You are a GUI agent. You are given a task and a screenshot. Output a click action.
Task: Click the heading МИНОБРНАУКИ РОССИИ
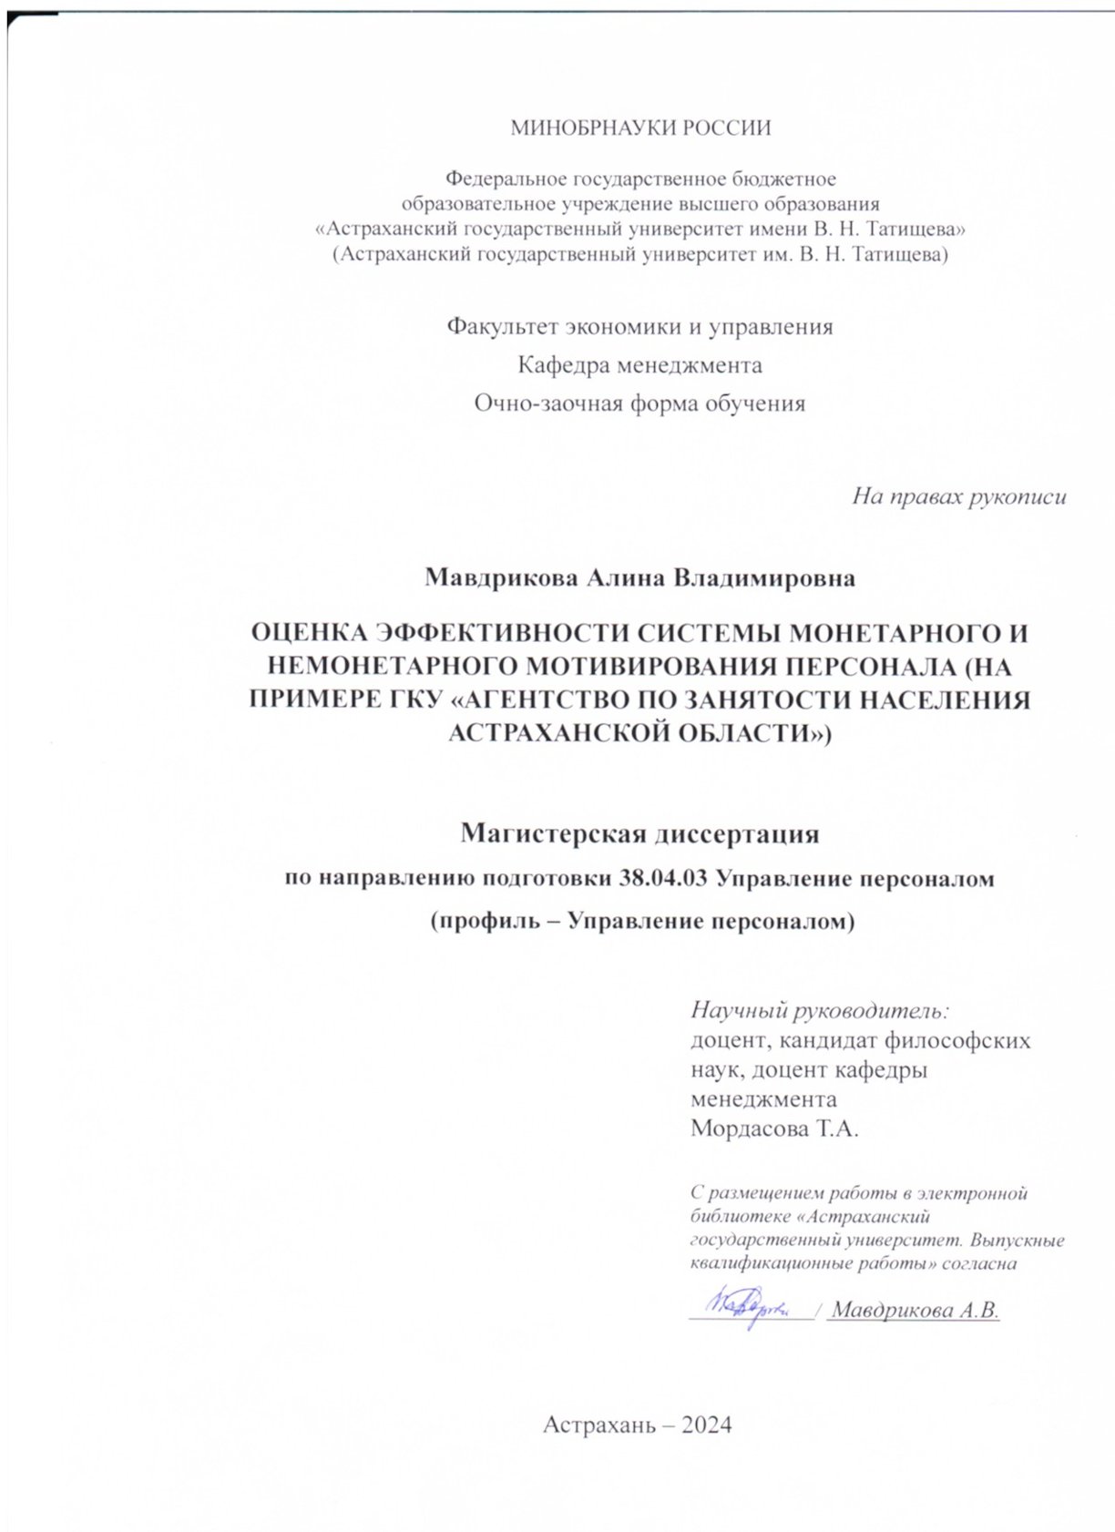[x=639, y=128]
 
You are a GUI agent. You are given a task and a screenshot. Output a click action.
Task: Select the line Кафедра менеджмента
[x=639, y=365]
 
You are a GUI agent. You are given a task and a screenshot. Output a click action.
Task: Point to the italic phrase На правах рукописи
[x=958, y=497]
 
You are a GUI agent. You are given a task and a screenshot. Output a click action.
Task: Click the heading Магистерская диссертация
[x=639, y=833]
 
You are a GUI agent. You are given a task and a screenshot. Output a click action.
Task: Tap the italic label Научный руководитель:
[x=821, y=1009]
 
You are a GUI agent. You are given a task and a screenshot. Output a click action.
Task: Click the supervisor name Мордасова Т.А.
[x=775, y=1129]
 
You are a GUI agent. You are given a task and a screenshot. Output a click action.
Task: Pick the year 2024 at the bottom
[x=704, y=1425]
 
